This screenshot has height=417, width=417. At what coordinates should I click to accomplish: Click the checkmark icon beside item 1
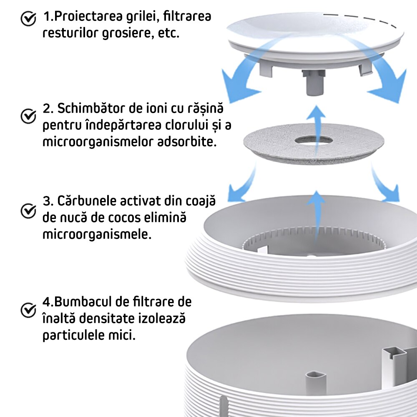(x=28, y=19)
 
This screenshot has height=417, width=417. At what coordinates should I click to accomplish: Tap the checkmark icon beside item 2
(x=28, y=116)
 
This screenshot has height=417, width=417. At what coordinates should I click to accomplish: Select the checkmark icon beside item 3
(x=28, y=211)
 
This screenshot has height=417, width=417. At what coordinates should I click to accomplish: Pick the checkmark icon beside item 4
(x=28, y=310)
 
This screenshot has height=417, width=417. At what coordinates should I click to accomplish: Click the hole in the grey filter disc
(x=314, y=140)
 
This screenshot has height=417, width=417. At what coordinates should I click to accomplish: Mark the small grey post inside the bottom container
(x=316, y=382)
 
